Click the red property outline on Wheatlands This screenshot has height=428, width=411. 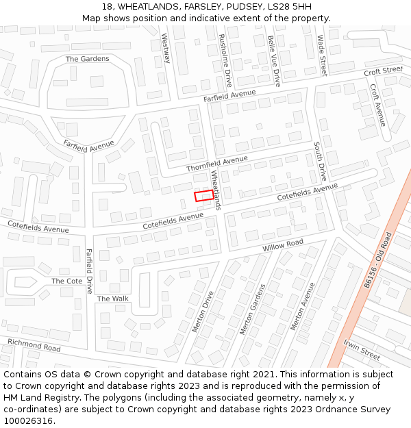click(x=203, y=196)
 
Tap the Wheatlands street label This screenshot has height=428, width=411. click(x=216, y=190)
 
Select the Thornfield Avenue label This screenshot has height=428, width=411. click(x=217, y=164)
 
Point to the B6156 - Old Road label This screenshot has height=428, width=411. click(x=377, y=260)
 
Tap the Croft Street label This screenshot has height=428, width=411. click(x=384, y=71)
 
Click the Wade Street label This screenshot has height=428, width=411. click(x=321, y=55)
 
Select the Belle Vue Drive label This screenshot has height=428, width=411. click(x=273, y=60)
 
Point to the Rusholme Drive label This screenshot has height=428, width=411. click(x=224, y=60)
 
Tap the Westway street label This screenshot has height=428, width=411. click(x=165, y=49)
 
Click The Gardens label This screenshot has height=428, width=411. click(x=87, y=59)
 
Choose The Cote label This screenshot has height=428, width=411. click(x=66, y=281)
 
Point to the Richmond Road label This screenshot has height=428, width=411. click(x=34, y=344)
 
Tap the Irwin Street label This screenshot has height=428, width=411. click(x=362, y=350)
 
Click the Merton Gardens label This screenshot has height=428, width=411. click(x=252, y=310)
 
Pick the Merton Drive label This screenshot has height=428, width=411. click(x=203, y=312)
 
